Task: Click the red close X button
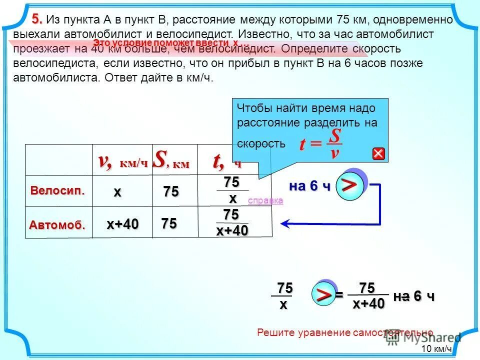[x=378, y=154]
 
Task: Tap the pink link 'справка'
[x=265, y=200]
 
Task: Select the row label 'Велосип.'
[x=57, y=190]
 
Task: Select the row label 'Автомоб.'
[x=57, y=225]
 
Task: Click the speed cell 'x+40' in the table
[x=122, y=225]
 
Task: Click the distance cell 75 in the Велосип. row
[x=170, y=192]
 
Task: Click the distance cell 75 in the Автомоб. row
[x=169, y=224]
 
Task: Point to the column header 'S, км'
[x=171, y=160]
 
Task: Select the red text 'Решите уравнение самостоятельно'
[x=344, y=332]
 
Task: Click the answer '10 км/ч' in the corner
[x=436, y=349]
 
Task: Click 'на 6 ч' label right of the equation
[x=414, y=296]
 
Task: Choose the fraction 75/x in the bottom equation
[x=284, y=296]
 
